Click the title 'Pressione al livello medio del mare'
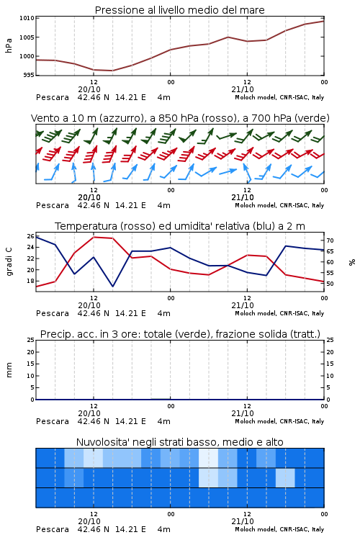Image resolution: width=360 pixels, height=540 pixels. coord(179,10)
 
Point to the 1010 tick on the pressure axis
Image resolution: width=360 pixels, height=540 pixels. coord(27,18)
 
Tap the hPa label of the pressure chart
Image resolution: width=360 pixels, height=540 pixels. coord(9,45)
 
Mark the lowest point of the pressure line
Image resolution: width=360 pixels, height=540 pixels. coord(112,71)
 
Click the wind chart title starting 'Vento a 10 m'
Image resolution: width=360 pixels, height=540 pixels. coord(180,118)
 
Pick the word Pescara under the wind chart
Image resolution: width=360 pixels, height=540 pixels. coord(53,205)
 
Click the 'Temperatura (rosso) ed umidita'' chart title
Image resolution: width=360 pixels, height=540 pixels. coord(180,226)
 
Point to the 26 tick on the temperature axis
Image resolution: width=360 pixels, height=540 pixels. coord(30,236)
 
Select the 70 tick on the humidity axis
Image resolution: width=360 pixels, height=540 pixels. coord(330,240)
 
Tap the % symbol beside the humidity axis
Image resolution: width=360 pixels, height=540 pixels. coord(352,262)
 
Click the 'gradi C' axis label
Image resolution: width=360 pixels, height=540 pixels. coord(9,261)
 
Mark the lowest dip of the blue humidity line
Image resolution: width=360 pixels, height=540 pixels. coord(112,286)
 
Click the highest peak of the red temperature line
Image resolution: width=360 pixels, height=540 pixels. coord(94,237)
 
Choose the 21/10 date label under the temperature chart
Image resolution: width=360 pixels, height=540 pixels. coord(243,305)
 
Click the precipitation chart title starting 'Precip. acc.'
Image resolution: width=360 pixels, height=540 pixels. coord(180,334)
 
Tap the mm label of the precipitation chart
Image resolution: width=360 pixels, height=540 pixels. coord(9,370)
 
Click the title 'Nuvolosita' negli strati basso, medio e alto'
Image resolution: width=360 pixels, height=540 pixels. coord(179,442)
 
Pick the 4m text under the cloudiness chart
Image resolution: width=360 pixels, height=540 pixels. coord(163,529)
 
